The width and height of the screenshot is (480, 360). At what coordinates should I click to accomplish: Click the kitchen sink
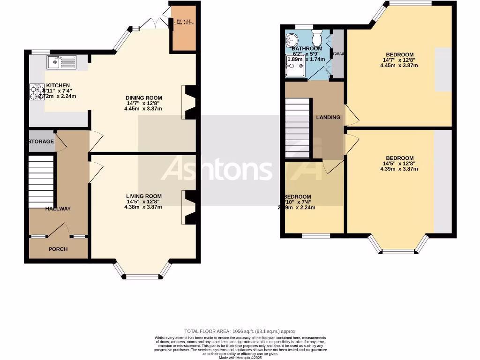[x=61, y=61]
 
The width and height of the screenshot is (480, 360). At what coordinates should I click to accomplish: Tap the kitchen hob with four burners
[x=37, y=91]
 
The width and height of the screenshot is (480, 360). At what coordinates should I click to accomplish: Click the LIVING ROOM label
[x=143, y=196]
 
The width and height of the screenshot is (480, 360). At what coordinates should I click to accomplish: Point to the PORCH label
[x=58, y=249]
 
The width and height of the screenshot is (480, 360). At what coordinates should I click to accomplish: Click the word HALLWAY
[x=58, y=209]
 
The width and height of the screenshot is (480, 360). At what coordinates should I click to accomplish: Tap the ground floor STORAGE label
[x=41, y=142]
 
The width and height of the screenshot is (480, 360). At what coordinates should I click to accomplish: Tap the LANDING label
[x=328, y=117]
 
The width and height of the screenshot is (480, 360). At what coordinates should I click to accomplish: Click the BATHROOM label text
[x=307, y=48]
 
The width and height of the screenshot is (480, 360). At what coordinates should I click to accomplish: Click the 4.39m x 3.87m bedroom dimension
[x=399, y=169]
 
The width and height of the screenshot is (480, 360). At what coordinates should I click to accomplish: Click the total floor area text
[x=240, y=331]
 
